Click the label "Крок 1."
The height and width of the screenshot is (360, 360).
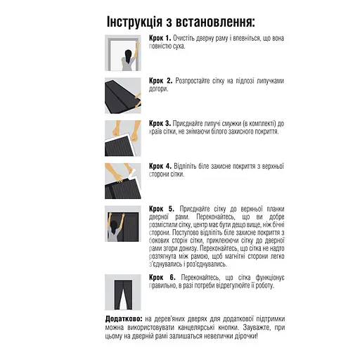pos(160,37)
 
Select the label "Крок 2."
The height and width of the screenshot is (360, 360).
pos(161,81)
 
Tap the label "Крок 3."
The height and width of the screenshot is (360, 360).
pos(161,123)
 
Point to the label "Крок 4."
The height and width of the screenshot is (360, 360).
pos(161,167)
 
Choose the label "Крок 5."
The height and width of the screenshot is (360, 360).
pos(162,209)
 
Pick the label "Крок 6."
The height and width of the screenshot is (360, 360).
pos(162,278)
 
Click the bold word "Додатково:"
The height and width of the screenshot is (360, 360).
pos(123,319)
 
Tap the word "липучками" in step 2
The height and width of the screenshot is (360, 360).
pos(269,81)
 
